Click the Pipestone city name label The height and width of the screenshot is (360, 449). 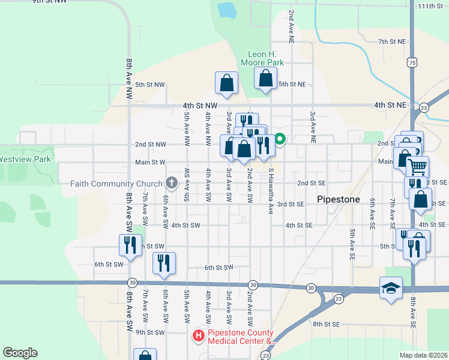click(x=338, y=199)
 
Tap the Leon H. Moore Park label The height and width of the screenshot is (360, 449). click(x=262, y=58)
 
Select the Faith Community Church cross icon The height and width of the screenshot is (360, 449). click(x=171, y=183)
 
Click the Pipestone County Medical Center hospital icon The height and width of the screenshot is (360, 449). click(x=199, y=337)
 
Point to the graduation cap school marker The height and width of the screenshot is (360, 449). click(x=390, y=288)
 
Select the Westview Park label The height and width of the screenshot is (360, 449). click(x=25, y=160)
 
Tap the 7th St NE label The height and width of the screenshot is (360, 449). click(x=393, y=41)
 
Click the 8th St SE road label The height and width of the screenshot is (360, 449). click(x=326, y=324)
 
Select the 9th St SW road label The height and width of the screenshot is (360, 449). click(x=149, y=332)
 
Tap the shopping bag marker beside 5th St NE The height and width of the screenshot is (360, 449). click(x=265, y=78)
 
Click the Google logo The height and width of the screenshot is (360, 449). click(x=19, y=353)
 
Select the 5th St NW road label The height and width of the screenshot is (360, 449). click(x=149, y=85)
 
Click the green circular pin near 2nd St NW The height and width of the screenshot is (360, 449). click(x=280, y=140)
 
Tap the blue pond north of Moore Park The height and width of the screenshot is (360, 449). click(x=226, y=10)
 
